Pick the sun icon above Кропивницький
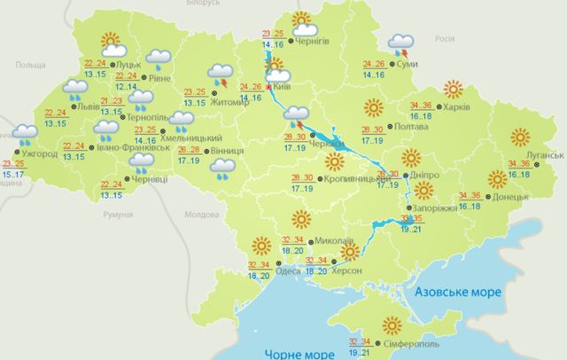(335, 161)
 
